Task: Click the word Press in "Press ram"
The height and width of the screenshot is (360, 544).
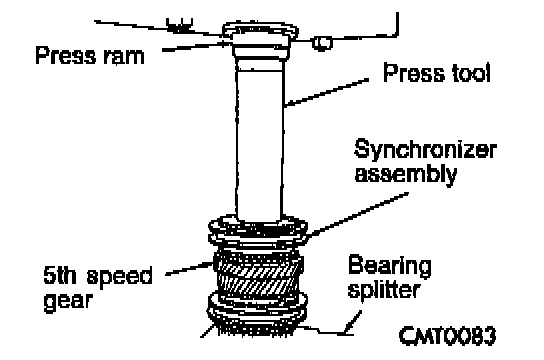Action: tap(66, 55)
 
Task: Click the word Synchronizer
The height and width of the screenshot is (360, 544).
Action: tap(425, 150)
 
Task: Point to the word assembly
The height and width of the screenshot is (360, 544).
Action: tap(406, 174)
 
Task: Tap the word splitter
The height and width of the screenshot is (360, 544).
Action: tap(384, 289)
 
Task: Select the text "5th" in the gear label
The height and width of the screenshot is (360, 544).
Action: tap(60, 275)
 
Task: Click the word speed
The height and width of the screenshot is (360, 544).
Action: tap(119, 276)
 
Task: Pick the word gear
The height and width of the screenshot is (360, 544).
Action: tap(68, 300)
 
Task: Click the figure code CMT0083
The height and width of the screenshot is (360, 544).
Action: tap(448, 336)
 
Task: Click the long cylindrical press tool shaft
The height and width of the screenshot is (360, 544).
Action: tap(259, 139)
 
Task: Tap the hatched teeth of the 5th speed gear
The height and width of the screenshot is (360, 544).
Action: tap(258, 277)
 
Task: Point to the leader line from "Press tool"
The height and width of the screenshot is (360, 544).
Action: tap(327, 92)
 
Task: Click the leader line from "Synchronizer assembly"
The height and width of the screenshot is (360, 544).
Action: tap(357, 214)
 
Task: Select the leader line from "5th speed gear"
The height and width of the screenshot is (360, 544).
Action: tap(189, 269)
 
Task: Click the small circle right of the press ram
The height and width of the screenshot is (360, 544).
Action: tap(322, 43)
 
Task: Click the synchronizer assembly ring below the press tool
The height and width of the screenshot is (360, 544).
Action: tap(258, 231)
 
